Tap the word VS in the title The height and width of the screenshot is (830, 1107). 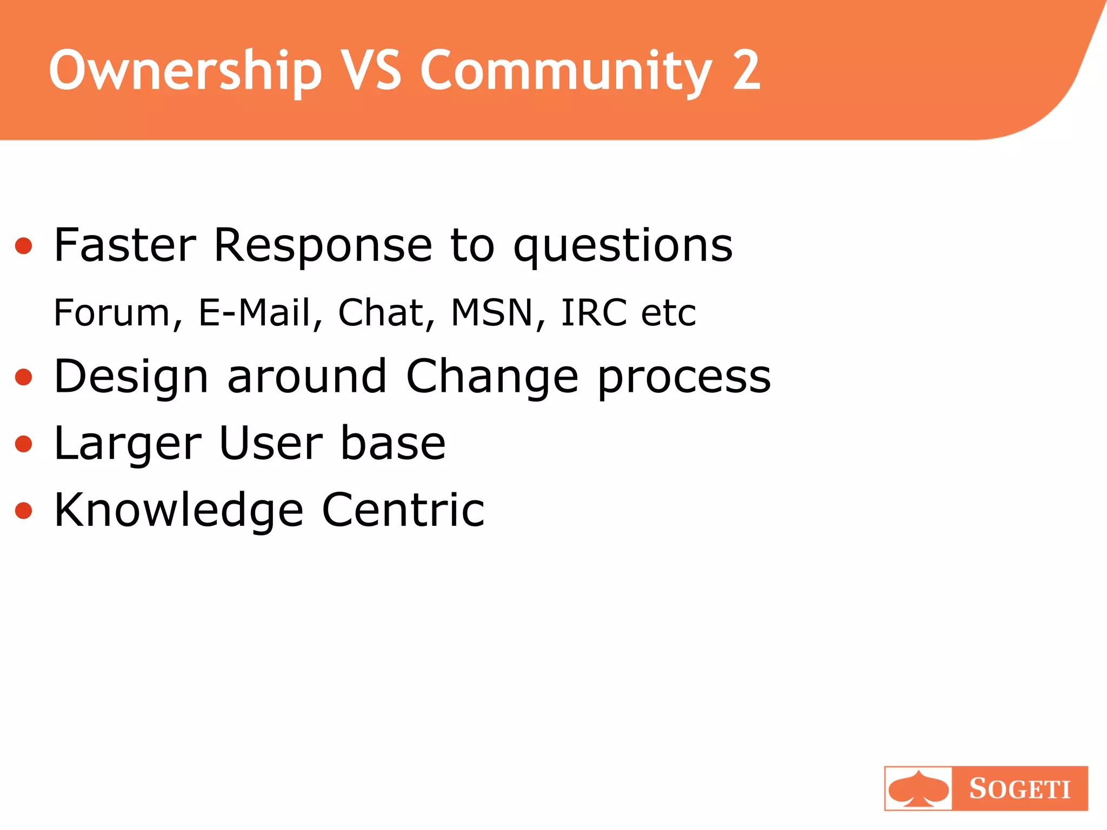[x=372, y=70]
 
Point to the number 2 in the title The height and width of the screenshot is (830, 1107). [x=746, y=70]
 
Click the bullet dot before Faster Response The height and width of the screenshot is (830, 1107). [x=24, y=246]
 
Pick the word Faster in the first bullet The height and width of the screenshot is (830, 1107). [x=125, y=245]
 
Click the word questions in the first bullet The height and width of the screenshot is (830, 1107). [x=623, y=246]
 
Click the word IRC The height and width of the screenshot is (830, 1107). [x=593, y=313]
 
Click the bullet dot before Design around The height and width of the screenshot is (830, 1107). [x=24, y=377]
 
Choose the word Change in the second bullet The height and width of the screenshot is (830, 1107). [x=492, y=377]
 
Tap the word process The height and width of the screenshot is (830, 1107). [x=684, y=377]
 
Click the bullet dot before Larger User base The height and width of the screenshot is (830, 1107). [x=24, y=444]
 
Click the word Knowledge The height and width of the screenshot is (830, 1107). [x=178, y=510]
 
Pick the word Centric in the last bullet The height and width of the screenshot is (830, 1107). [x=403, y=510]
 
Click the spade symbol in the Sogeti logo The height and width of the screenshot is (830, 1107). [x=918, y=789]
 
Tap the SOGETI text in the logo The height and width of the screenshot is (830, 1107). [x=1019, y=789]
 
